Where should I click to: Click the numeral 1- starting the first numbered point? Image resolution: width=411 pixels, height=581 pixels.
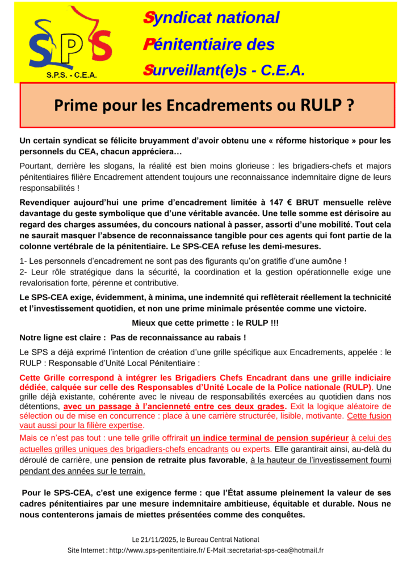click(x=23, y=261)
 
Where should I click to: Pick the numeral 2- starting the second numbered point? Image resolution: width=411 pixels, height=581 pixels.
click(x=23, y=272)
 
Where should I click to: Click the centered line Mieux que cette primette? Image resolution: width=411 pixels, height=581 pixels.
click(x=205, y=323)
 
